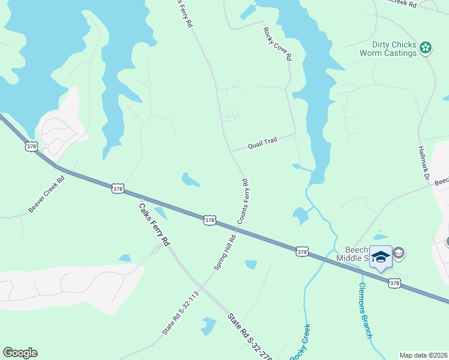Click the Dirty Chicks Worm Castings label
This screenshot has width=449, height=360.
[x=388, y=49]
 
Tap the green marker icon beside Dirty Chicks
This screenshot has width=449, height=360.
[x=426, y=47]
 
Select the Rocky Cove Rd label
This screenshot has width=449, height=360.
[x=277, y=44]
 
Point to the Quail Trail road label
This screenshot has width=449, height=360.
[x=263, y=143]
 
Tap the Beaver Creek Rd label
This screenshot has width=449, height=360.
[x=46, y=194]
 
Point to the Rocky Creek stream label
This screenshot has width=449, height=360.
[x=300, y=342]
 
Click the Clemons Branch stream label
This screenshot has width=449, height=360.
[x=366, y=310]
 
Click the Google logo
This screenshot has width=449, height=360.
[x=20, y=353]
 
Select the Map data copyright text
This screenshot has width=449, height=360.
[x=423, y=355]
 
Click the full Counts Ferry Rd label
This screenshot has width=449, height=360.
[x=243, y=201]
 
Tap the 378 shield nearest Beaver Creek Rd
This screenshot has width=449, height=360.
[x=118, y=189]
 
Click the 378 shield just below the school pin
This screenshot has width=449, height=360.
[x=394, y=283]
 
